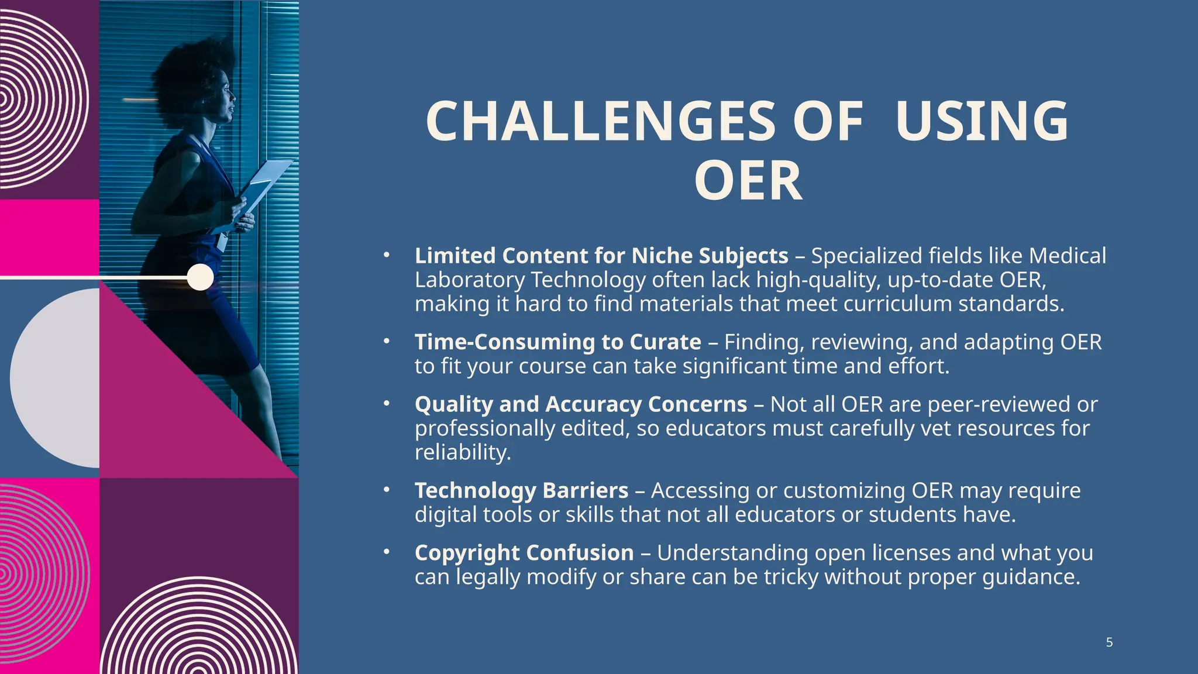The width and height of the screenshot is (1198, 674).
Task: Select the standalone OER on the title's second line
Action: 748,181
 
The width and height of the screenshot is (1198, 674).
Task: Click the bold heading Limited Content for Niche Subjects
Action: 601,256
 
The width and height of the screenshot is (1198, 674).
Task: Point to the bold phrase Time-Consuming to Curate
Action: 557,342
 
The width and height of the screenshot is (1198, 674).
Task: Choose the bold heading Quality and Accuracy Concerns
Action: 580,404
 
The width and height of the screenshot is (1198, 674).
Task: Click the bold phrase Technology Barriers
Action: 521,490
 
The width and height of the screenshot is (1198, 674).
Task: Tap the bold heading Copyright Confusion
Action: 524,553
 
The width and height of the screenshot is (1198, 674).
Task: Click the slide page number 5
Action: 1109,642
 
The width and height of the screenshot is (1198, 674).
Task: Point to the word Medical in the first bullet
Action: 1068,256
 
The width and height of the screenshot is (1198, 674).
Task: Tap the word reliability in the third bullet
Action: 463,452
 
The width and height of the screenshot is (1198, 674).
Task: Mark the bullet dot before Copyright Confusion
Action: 386,552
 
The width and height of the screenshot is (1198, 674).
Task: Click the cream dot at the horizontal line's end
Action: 201,277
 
